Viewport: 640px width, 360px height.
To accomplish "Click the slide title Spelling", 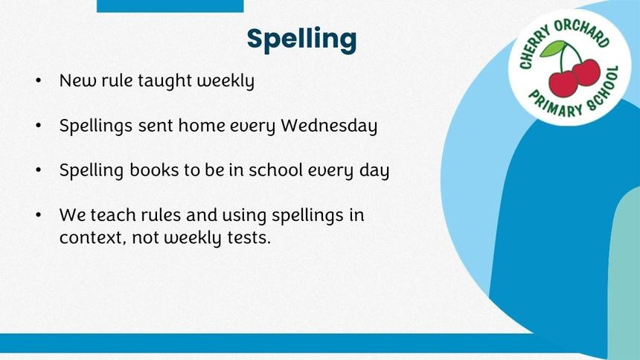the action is click(301, 40).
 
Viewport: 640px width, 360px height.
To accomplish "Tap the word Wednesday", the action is click(329, 126).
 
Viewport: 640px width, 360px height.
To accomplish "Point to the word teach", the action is click(113, 215).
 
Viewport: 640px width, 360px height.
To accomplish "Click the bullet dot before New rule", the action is click(39, 80).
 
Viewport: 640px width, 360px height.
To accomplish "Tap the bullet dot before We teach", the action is click(39, 215).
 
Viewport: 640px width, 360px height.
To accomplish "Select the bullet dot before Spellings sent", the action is click(39, 125).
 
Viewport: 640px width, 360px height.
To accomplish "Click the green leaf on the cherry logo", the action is click(553, 48).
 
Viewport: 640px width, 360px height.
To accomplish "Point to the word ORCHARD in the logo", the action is click(582, 32).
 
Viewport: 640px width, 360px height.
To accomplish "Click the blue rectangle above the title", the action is click(170, 6).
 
